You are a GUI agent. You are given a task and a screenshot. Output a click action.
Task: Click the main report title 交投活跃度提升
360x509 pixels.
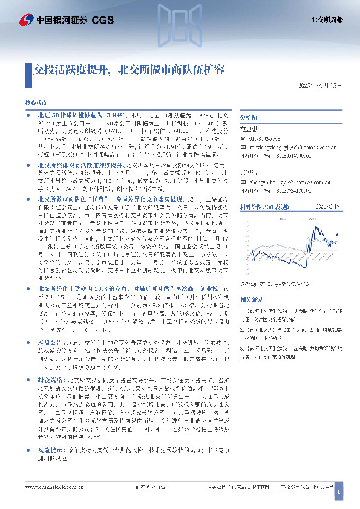pos(72,69)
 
